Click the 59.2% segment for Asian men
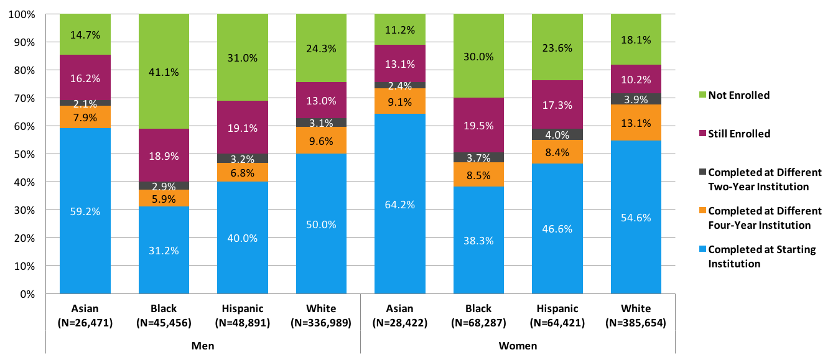pos(85,211)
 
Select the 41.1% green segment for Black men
pos(164,72)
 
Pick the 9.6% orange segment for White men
pos(322,141)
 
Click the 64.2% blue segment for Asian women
pos(400,204)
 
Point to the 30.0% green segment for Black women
pos(478,56)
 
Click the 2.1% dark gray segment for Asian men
pos(85,103)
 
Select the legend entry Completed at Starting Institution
pos(762,256)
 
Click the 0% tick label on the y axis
pos(26,294)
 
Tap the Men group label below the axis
pos(203,346)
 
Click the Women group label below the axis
pos(518,346)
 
